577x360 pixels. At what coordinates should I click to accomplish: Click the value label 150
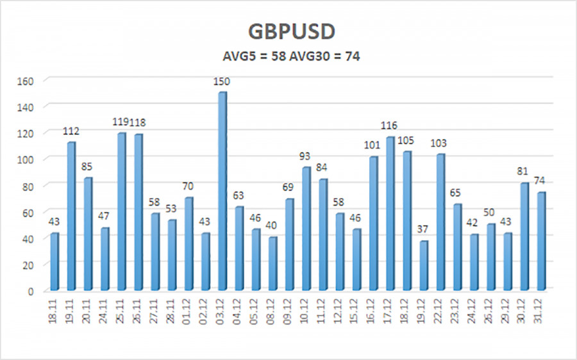(x=222, y=81)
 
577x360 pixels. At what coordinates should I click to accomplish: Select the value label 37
(x=423, y=231)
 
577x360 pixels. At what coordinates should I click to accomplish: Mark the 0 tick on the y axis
(x=37, y=291)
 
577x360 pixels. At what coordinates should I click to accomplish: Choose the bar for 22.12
(x=440, y=222)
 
